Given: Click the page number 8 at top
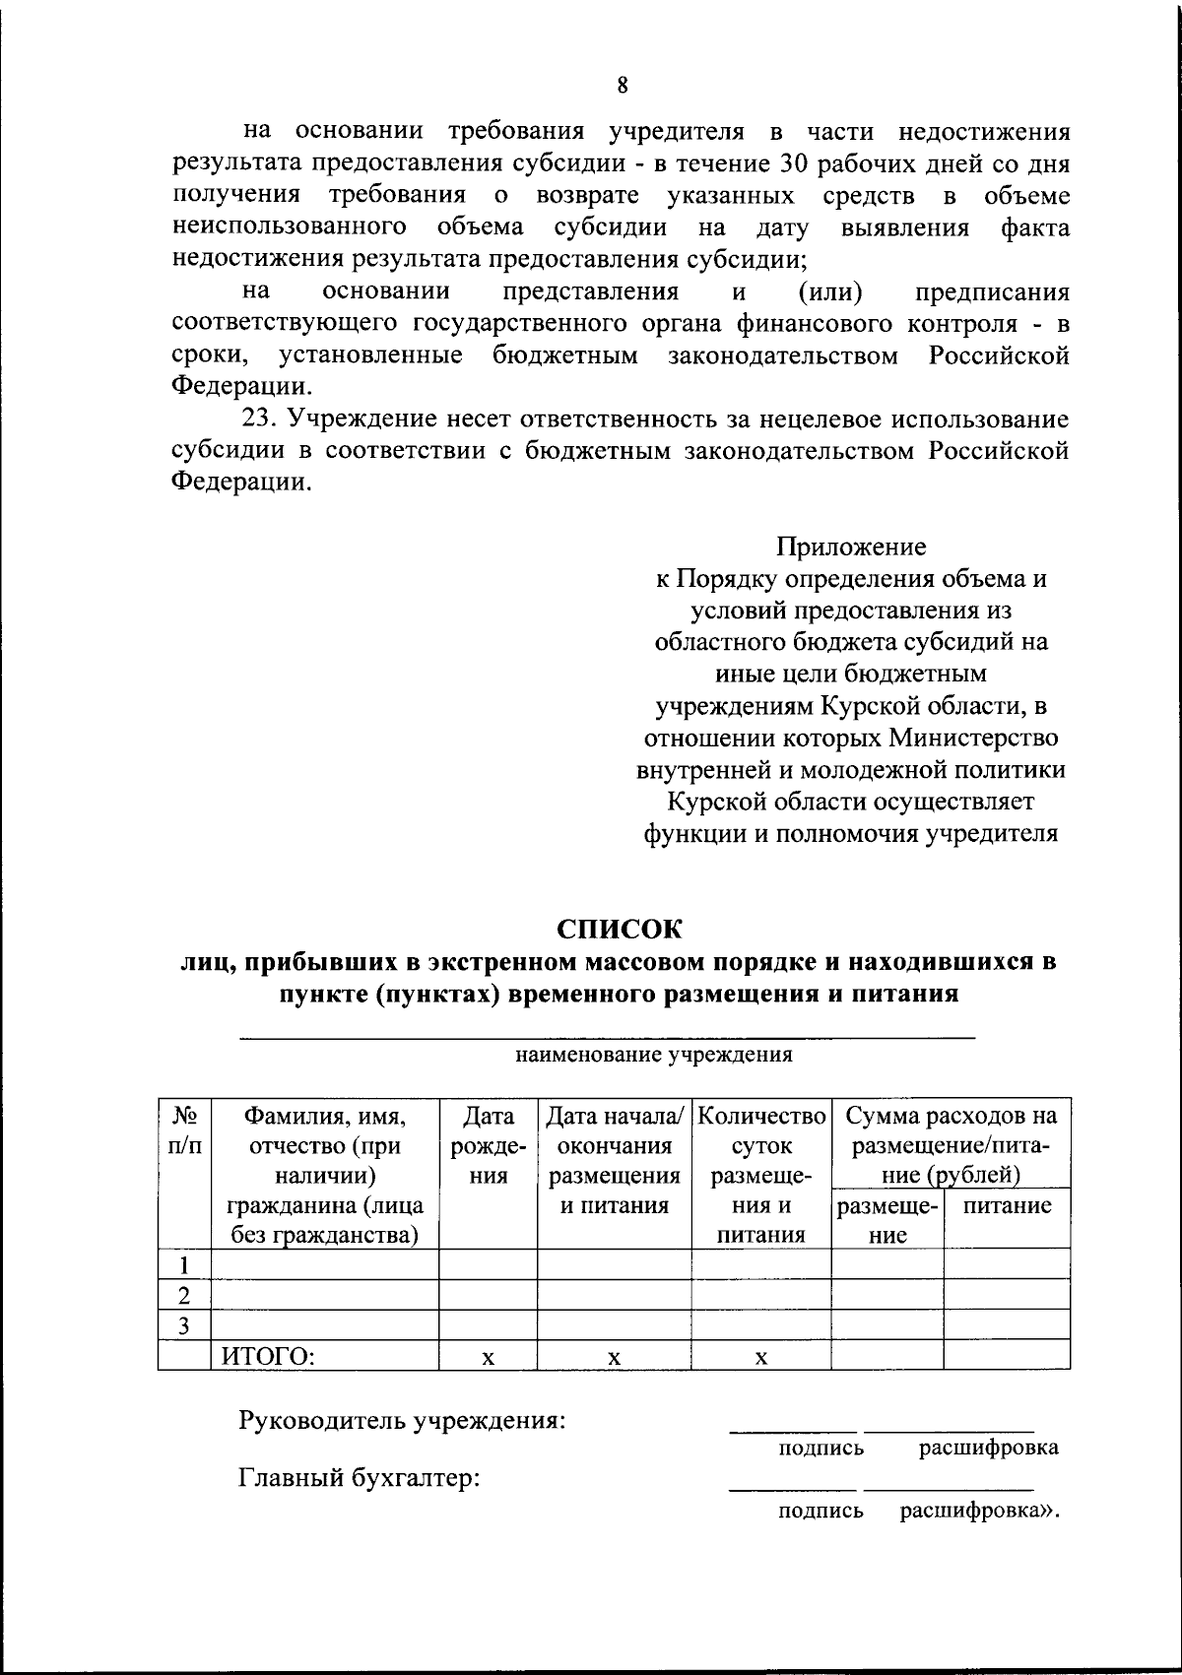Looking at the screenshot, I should (623, 85).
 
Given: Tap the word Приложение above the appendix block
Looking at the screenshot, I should (851, 547).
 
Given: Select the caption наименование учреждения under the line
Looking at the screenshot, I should (654, 1056).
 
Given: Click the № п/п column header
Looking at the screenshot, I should (184, 1130).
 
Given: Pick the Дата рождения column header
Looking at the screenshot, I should (488, 1145).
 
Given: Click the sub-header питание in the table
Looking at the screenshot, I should (1007, 1206).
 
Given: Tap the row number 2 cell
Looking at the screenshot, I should (184, 1294).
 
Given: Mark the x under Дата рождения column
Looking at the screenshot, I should (488, 1357).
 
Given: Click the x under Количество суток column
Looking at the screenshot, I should (760, 1357).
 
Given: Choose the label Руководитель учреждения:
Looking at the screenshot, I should (402, 1421).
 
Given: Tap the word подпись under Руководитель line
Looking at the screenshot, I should (821, 1448).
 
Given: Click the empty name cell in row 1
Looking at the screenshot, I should (325, 1263).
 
